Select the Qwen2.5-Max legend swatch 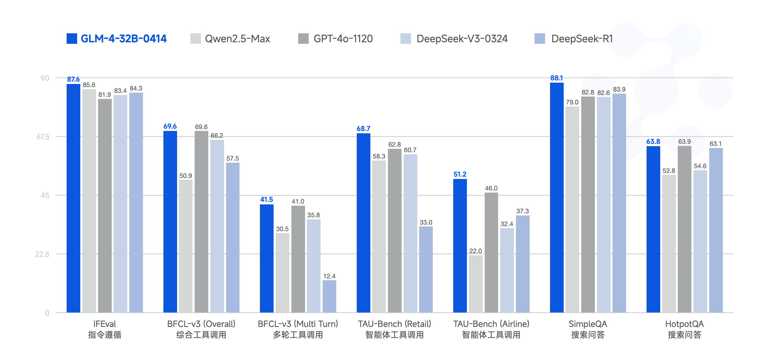195,39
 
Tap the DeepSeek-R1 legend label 582,39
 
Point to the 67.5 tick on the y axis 43,137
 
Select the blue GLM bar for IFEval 73,198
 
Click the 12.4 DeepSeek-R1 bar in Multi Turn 329,296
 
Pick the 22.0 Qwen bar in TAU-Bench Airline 476,284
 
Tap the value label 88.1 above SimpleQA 556,78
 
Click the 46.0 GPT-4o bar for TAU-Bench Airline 491,252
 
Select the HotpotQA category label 684,324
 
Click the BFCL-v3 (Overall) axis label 201,324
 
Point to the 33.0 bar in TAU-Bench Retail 426,269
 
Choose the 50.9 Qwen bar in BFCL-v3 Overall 185,246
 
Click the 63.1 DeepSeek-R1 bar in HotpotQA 716,230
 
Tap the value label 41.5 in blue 266,199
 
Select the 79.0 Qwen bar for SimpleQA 572,209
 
